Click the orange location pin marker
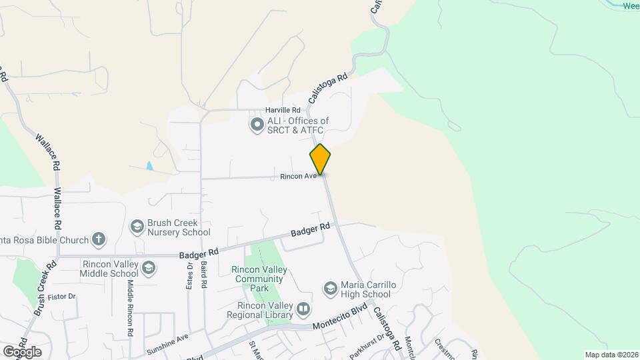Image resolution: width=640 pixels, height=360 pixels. [320, 159]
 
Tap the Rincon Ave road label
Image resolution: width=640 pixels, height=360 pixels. [298, 177]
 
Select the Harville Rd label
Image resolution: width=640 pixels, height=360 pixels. [283, 109]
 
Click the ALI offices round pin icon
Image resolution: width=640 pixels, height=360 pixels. [257, 125]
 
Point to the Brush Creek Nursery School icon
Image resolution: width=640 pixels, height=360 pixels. [137, 227]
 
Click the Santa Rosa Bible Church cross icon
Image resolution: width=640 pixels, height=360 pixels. [98, 239]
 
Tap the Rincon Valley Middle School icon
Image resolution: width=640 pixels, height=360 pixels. [149, 268]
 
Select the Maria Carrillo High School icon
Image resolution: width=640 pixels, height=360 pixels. [330, 289]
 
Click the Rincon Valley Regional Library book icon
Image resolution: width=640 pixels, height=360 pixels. [303, 309]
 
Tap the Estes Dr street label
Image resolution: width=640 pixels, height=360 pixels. [189, 275]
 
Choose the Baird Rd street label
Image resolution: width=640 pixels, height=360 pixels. [203, 275]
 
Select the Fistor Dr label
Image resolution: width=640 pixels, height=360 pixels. [63, 296]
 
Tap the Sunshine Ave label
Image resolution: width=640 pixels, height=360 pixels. [168, 345]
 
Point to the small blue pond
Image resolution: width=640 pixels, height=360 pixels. [149, 166]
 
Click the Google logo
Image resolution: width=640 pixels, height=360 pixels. [22, 351]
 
